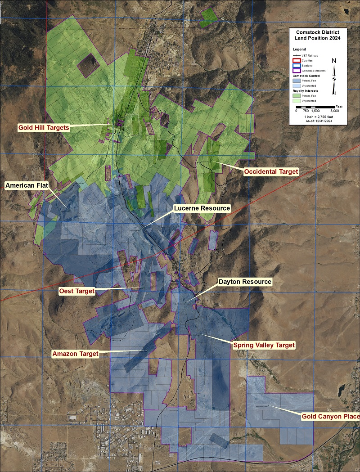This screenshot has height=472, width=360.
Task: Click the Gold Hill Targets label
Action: (44, 128)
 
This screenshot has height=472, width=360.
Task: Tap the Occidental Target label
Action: (271, 172)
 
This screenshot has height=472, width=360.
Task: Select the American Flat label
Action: (27, 185)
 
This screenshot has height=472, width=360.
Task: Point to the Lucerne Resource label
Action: (202, 208)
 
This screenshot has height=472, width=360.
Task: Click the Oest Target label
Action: (77, 291)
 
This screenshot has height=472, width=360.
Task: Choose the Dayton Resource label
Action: (245, 282)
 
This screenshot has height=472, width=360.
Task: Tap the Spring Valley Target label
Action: (264, 345)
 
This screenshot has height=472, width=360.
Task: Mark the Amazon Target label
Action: (76, 354)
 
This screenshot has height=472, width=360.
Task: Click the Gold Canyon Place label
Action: (331, 417)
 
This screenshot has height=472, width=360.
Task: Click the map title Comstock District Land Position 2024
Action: (318, 36)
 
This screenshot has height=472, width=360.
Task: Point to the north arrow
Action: (334, 76)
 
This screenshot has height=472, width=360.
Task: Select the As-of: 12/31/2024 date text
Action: (318, 121)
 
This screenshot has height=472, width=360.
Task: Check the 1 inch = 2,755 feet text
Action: (318, 116)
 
